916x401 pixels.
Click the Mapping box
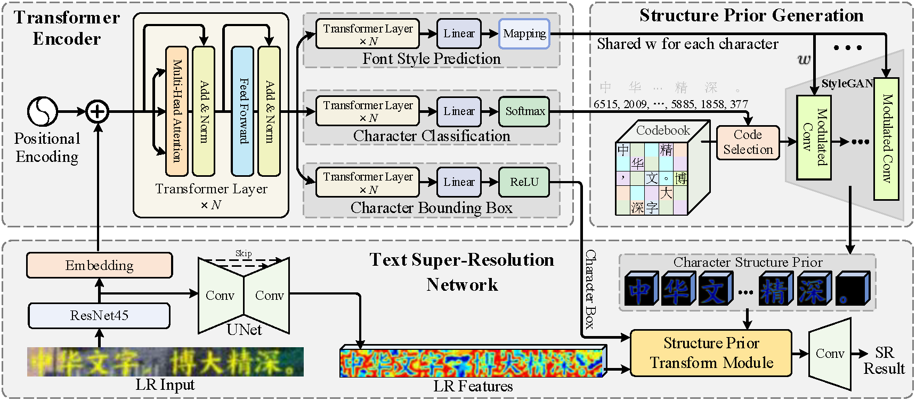pyautogui.click(x=524, y=34)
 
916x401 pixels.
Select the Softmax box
pyautogui.click(x=524, y=111)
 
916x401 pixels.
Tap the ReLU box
pyautogui.click(x=524, y=182)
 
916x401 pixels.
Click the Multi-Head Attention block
pyautogui.click(x=177, y=111)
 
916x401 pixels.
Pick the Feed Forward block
pyautogui.click(x=242, y=111)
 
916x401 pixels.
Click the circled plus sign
pyautogui.click(x=98, y=111)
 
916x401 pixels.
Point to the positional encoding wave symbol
pyautogui.click(x=43, y=111)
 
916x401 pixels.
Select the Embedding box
pyautogui.click(x=99, y=265)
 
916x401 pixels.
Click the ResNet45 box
pyautogui.click(x=99, y=315)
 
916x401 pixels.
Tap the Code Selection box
pyautogui.click(x=748, y=142)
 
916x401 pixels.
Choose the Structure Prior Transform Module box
pyautogui.click(x=711, y=353)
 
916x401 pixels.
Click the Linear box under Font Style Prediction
pyautogui.click(x=459, y=34)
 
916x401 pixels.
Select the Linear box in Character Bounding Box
pyautogui.click(x=459, y=182)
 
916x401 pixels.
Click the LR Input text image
pyautogui.click(x=165, y=362)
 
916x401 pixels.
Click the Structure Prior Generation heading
pyautogui.click(x=751, y=15)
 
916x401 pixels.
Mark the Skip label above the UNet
pyautogui.click(x=244, y=253)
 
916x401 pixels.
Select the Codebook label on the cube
pyautogui.click(x=663, y=130)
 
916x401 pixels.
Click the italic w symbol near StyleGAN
pyautogui.click(x=804, y=59)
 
